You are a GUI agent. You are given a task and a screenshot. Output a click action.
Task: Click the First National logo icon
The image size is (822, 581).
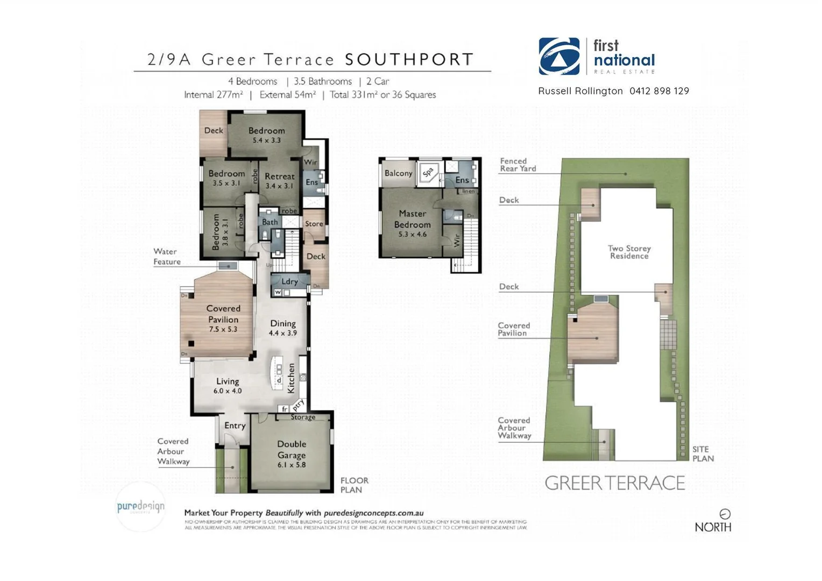pos(559,56)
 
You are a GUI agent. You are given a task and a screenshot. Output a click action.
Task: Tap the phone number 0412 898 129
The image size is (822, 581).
pos(659,91)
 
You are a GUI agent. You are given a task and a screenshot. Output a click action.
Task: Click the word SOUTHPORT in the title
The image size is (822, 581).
pos(409,59)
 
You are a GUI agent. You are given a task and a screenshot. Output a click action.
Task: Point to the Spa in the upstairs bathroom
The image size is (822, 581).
pos(428,173)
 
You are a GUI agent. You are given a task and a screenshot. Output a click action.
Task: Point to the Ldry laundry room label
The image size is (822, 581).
pos(289,281)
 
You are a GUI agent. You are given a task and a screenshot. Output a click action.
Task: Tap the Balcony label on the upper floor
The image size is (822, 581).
pos(398,173)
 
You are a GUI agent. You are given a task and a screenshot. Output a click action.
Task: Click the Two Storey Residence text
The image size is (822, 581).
pos(629,252)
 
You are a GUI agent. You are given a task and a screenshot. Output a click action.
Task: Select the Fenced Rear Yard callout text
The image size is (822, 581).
pos(518,165)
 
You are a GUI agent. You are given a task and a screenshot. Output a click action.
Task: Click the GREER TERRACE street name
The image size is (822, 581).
pos(614,483)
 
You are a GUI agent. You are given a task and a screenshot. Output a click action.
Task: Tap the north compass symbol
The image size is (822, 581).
pos(725,514)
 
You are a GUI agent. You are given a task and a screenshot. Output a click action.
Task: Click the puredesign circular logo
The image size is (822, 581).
pos(140,506)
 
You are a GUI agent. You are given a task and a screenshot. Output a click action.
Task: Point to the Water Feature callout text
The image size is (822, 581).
pos(167,257)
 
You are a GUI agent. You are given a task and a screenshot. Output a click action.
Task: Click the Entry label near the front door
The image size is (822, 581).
pos(235,426)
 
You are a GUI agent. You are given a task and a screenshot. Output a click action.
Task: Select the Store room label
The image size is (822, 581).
pos(314,224)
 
